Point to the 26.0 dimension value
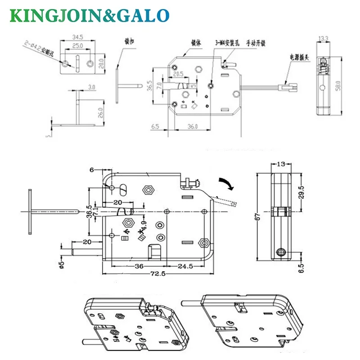click(x=100, y=111)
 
